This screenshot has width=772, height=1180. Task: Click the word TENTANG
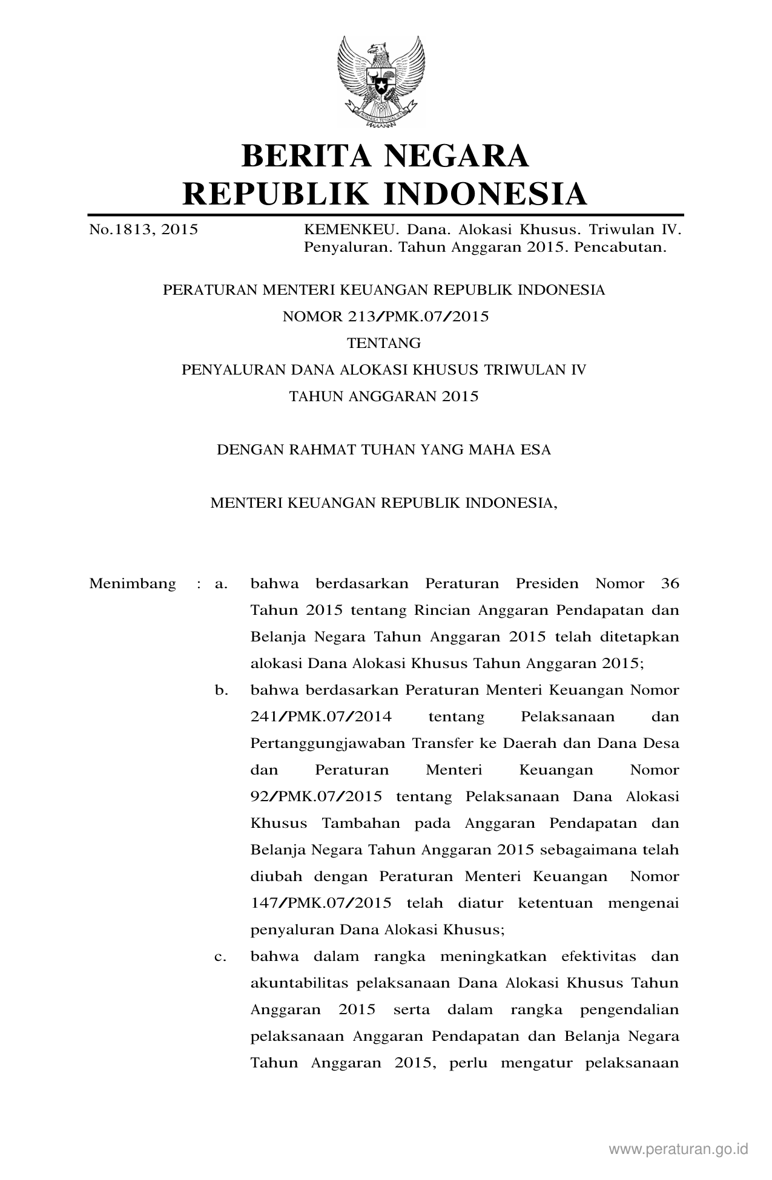click(x=384, y=343)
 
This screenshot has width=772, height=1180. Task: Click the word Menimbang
click(x=133, y=584)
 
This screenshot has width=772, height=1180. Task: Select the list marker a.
click(x=221, y=584)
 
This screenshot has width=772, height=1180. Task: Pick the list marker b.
click(x=221, y=690)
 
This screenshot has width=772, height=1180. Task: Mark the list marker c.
click(x=221, y=957)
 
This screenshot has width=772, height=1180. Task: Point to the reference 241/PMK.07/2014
click(x=321, y=717)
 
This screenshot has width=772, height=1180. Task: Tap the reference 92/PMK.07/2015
click(x=316, y=797)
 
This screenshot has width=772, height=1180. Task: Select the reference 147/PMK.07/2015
click(x=321, y=903)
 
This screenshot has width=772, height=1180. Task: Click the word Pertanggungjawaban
click(x=328, y=744)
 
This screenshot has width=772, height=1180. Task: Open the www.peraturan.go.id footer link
click(x=679, y=1149)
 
